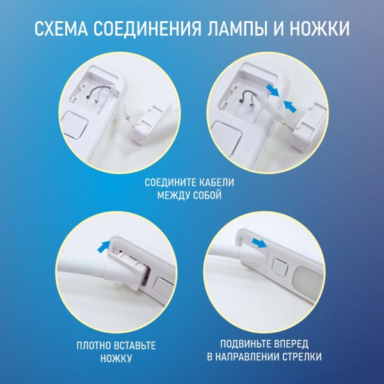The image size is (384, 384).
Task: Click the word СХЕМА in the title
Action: coord(61,29)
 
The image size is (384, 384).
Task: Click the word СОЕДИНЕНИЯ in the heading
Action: coord(147,29)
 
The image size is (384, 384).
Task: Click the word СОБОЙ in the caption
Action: coord(207,195)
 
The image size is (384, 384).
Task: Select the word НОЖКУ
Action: coord(116,358)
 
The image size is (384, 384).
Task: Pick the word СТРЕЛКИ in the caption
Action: coord(302,357)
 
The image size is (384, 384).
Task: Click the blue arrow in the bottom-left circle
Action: coord(104,246)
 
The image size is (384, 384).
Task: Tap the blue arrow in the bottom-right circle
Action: coord(260,243)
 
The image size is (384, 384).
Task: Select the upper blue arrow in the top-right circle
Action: coord(273,90)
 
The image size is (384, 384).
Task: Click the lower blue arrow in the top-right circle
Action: coord(290,106)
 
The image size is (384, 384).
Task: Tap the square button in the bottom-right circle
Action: coord(280,267)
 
